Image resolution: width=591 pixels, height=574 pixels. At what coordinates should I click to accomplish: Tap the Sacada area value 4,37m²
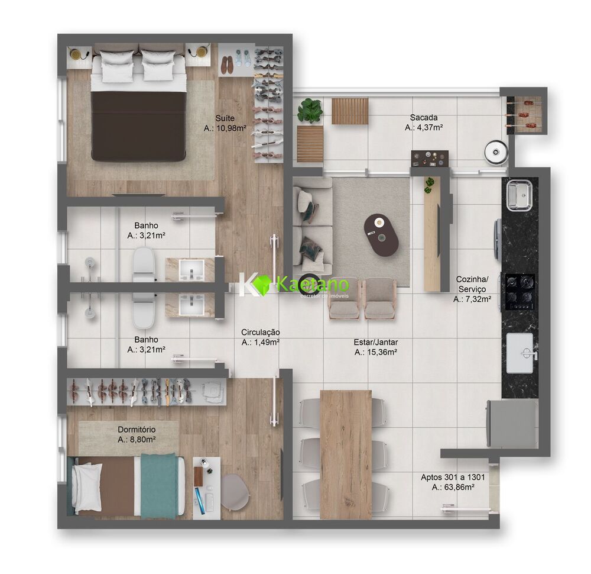[x=424, y=127]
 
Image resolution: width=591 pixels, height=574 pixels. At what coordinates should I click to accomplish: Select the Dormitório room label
[x=137, y=429]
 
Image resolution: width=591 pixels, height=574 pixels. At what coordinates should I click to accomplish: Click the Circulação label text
[x=260, y=332]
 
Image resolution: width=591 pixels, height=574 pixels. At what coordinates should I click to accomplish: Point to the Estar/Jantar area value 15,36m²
[x=375, y=352]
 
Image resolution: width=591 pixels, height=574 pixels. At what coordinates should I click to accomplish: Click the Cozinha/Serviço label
[x=472, y=283]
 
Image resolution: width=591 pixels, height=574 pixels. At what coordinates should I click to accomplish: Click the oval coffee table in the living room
[x=381, y=235]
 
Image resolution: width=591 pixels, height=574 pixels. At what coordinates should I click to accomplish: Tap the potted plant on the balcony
[x=310, y=111]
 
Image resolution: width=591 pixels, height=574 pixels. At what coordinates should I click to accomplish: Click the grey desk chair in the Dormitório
[x=234, y=491]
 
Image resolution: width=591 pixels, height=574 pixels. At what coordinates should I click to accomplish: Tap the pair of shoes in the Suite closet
[x=227, y=65]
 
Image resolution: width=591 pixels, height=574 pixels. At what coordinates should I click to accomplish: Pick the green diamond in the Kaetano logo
[x=262, y=285]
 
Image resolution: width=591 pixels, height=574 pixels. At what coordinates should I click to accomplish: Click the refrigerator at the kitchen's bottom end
[x=512, y=423]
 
